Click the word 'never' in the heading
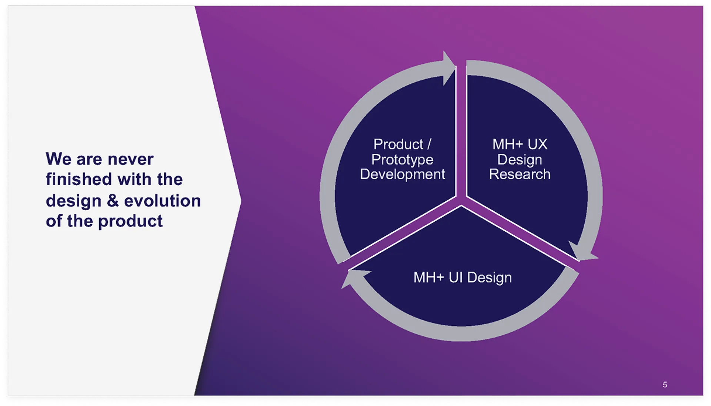pos(131,160)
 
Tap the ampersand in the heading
pos(113,201)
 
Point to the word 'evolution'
pos(162,201)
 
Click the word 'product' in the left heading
pos(130,221)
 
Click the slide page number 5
pos(665,385)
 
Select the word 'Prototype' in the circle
pos(402,160)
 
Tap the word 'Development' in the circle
pos(402,174)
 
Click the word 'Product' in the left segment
pos(398,144)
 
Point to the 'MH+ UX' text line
pos(520,144)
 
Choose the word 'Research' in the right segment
pos(520,174)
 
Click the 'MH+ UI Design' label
pos(463,278)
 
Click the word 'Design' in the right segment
pos(520,160)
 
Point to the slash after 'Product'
pos(429,144)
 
